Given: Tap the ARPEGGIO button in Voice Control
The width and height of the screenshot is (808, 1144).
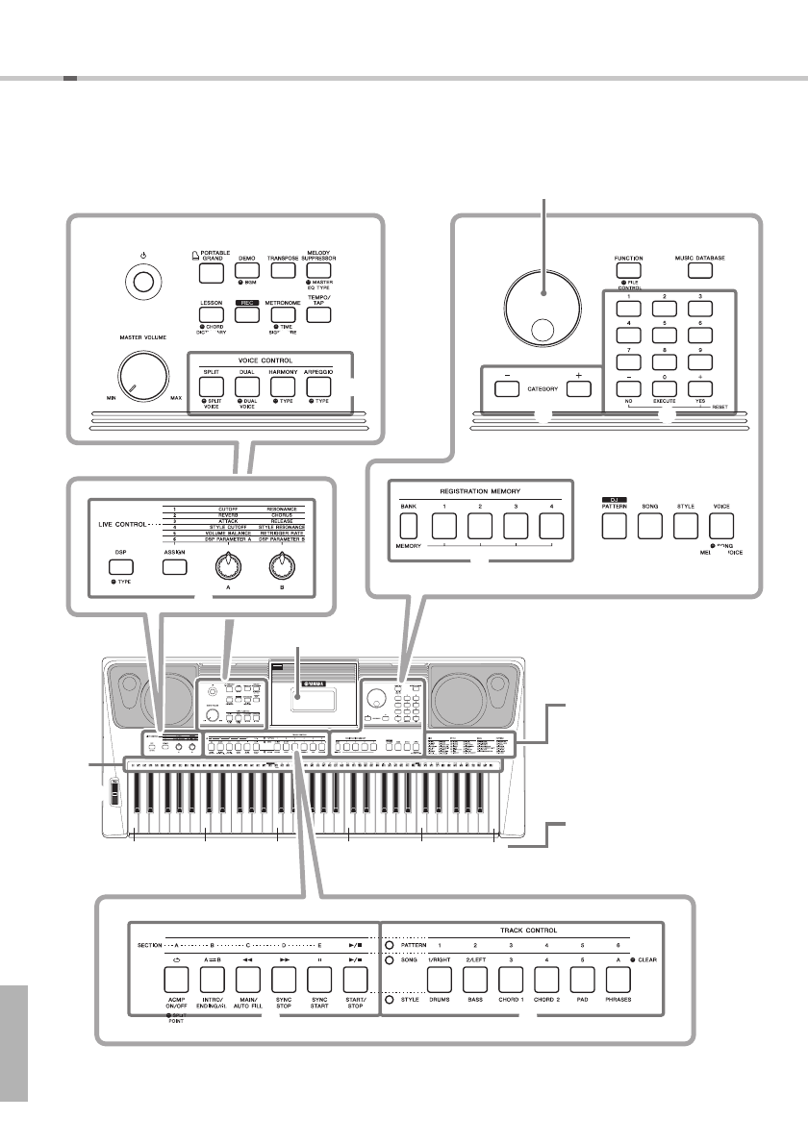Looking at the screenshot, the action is coord(318,385).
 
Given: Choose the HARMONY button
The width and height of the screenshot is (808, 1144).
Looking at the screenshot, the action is coord(282,385).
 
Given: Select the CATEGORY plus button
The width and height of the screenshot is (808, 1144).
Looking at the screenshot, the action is coord(577,388).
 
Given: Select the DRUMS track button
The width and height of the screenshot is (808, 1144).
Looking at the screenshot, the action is coord(442,980).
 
